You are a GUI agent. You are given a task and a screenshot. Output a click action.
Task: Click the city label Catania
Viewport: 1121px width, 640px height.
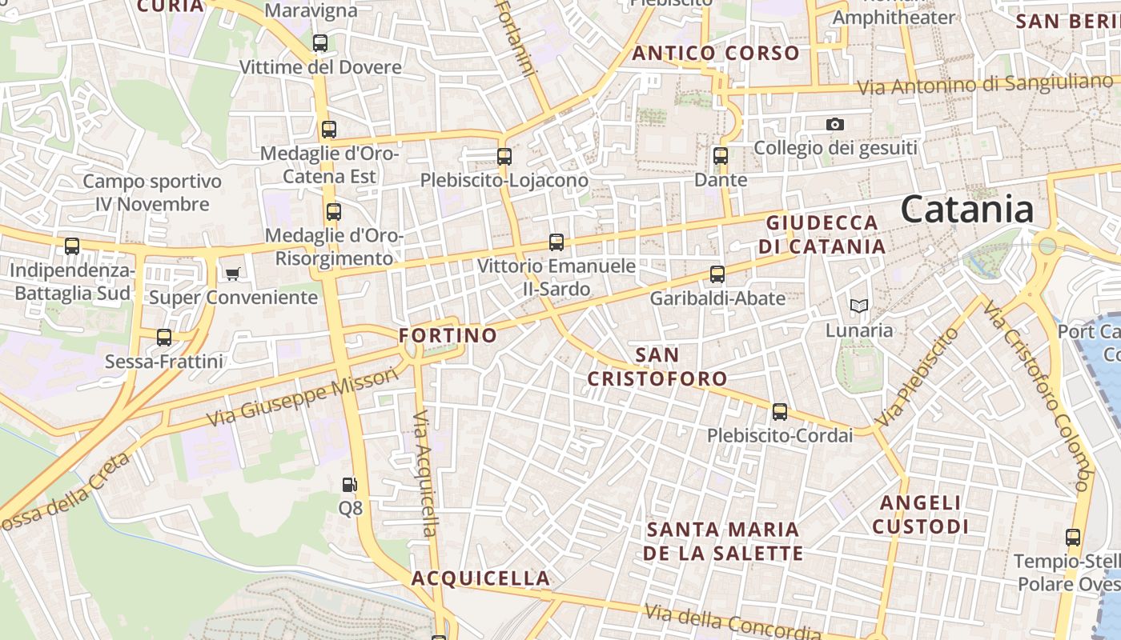click(967, 210)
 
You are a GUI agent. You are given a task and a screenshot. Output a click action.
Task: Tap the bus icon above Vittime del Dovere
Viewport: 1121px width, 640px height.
click(320, 43)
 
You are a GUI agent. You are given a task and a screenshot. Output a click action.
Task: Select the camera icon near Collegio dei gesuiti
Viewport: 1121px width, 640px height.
click(835, 124)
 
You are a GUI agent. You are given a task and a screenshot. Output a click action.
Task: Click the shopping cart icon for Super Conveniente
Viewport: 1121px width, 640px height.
click(233, 274)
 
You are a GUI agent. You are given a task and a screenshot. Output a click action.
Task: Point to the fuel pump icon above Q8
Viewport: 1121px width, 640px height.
click(350, 484)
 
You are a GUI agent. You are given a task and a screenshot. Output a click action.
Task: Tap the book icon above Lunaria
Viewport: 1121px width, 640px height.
click(859, 306)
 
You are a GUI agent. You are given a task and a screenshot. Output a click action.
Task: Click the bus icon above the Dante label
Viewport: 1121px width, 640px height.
click(721, 156)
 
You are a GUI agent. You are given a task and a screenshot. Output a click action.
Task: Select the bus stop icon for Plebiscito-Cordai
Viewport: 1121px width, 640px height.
click(780, 413)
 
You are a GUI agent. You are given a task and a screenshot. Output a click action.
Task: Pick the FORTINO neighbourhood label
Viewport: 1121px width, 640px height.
click(448, 335)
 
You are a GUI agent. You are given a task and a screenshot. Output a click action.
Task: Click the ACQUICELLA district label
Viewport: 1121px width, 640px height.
click(480, 578)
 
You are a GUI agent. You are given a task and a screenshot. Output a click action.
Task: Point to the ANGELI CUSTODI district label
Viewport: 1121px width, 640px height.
click(921, 514)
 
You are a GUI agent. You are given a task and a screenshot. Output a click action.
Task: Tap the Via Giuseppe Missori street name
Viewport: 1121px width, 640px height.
click(302, 398)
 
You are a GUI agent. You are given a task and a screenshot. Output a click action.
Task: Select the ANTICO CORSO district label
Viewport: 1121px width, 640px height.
click(716, 54)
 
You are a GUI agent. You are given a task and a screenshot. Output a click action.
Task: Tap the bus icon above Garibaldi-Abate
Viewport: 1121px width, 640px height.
click(717, 274)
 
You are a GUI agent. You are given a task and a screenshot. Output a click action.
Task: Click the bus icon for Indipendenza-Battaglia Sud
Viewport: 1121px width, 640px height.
click(72, 246)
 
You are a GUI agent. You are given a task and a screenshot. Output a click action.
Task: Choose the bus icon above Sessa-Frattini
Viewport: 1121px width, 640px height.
click(164, 338)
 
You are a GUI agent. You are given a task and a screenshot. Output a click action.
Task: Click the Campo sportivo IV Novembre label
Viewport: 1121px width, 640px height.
click(152, 193)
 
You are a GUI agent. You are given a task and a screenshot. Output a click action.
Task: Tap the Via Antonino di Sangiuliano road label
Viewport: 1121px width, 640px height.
click(985, 84)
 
